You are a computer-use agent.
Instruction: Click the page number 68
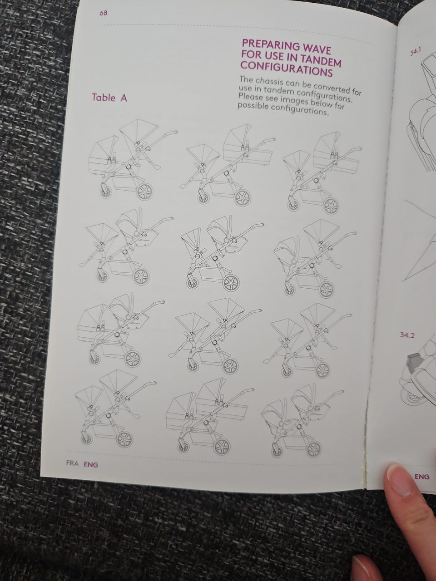tap(104, 13)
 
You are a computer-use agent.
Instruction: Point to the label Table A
tap(109, 98)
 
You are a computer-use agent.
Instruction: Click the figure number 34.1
tap(416, 52)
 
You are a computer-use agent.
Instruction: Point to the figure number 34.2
tap(407, 335)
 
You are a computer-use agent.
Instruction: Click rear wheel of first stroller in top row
tap(144, 192)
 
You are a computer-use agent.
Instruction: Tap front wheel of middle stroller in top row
tap(203, 197)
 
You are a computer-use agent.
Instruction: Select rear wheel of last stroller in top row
tap(331, 206)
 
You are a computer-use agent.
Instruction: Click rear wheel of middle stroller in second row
tap(231, 283)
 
